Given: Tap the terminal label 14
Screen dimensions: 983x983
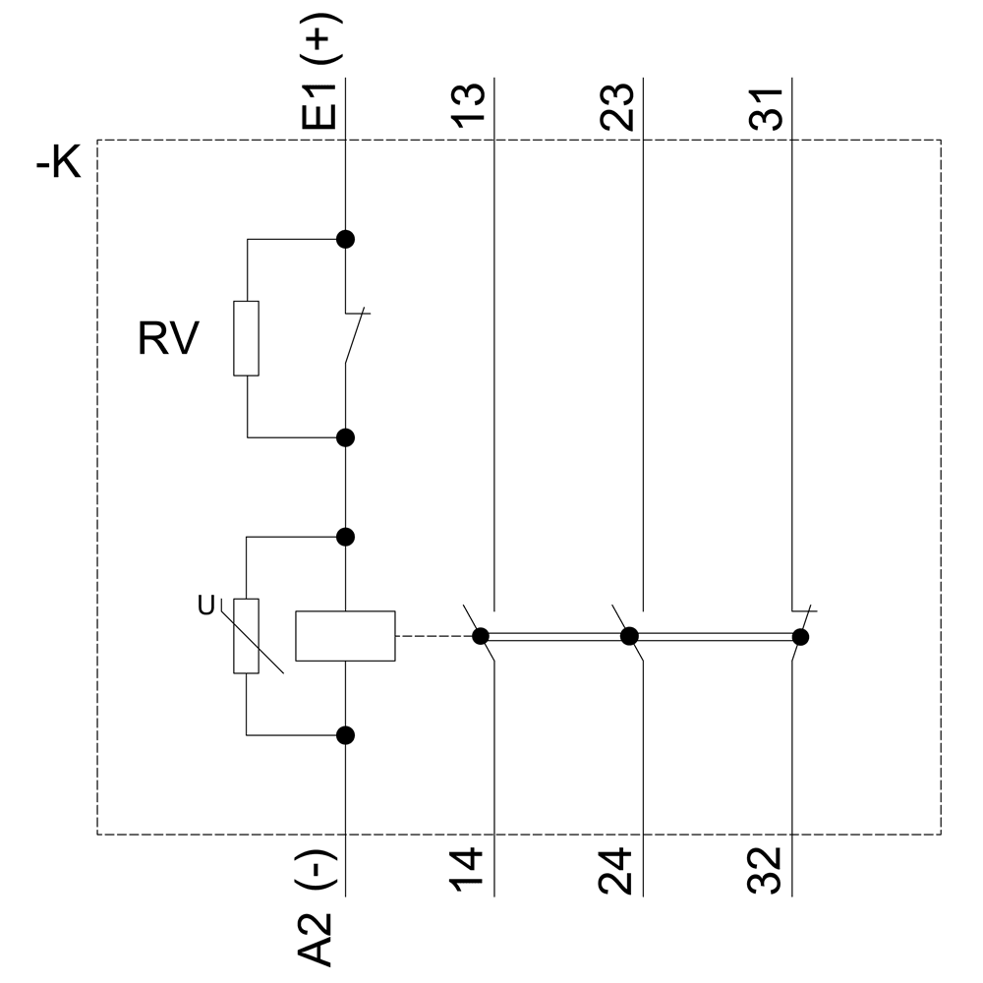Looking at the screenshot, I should point(473,870).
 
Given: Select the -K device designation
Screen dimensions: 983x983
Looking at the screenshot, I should point(59,164).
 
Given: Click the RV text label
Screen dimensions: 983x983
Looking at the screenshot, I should point(168,340).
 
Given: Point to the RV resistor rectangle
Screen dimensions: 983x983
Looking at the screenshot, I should point(246,338).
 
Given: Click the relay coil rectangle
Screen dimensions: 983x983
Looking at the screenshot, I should point(345,636).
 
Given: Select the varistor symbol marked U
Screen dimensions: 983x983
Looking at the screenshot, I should point(246,636).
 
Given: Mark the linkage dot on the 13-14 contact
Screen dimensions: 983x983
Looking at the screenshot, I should point(481,636).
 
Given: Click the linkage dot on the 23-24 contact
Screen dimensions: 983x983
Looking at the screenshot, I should point(629,636).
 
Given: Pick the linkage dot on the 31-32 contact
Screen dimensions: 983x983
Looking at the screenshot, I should point(800,637).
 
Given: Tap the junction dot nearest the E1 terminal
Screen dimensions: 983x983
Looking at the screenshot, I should point(345,239).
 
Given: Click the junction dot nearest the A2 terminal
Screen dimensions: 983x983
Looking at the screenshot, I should point(345,734).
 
